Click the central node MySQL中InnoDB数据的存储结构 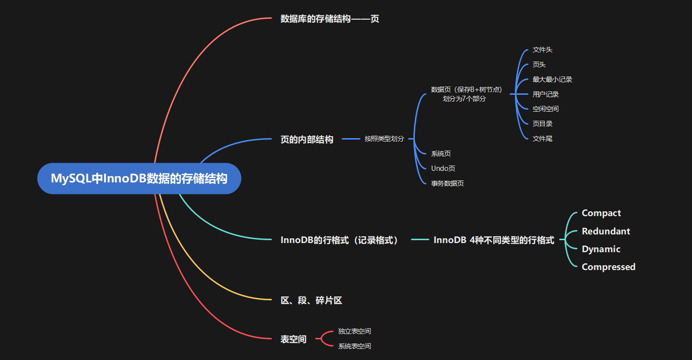[x=139, y=179]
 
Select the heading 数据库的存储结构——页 [x=330, y=19]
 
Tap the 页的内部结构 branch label [x=307, y=140]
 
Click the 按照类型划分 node [x=384, y=139]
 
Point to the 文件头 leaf [x=542, y=50]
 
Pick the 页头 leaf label [x=539, y=64]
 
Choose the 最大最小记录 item [x=552, y=79]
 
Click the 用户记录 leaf [x=545, y=94]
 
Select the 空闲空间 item [x=545, y=109]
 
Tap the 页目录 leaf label [x=542, y=124]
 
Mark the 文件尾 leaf [x=542, y=139]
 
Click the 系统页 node [x=441, y=154]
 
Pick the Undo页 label [x=443, y=168]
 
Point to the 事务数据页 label [x=447, y=183]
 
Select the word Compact [x=601, y=213]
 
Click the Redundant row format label [x=605, y=231]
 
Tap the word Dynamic [x=601, y=249]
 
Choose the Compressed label [x=608, y=267]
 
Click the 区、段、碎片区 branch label [x=311, y=300]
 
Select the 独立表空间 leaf [x=354, y=331]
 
